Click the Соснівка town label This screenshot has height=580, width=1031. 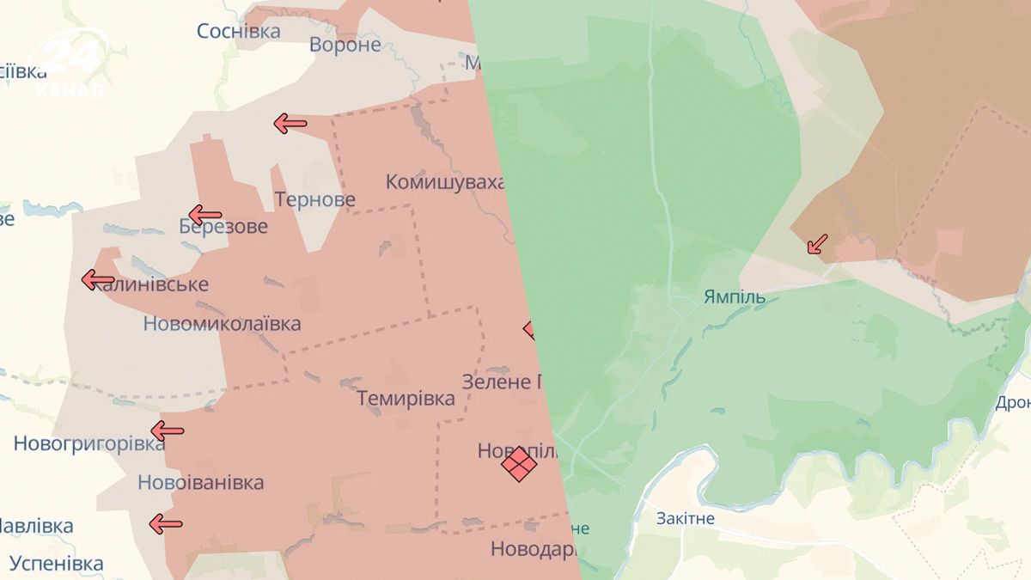tap(238, 32)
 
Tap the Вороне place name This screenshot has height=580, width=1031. tap(345, 45)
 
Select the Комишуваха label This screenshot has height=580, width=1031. tap(444, 182)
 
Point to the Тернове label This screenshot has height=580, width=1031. tap(314, 200)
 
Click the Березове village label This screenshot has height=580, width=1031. tap(223, 228)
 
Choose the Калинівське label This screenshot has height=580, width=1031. tap(152, 284)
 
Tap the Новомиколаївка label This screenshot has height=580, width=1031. tap(222, 324)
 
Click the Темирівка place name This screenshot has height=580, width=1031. tap(406, 399)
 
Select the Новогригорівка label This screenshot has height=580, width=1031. tap(88, 444)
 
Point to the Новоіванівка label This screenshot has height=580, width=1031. tap(200, 483)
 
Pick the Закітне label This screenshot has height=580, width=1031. tap(685, 519)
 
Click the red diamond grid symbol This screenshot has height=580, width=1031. tap(519, 464)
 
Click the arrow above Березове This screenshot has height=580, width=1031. tap(204, 215)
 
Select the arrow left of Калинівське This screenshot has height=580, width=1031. tap(98, 280)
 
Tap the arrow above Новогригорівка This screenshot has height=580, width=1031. tap(167, 430)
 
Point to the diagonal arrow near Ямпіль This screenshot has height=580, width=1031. tap(817, 245)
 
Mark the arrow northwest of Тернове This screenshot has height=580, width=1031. tap(290, 124)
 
